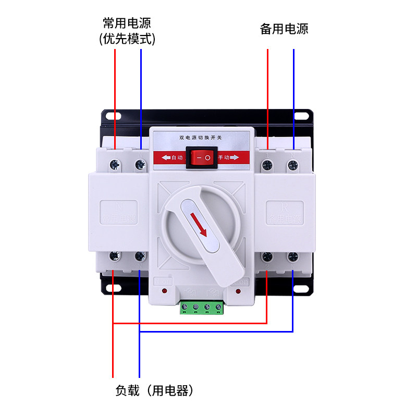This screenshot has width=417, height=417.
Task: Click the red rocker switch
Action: tap(201, 157)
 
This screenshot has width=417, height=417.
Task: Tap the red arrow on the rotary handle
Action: tap(198, 223)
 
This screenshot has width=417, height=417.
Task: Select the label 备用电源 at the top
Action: tap(284, 29)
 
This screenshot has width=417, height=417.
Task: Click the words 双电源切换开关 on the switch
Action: tap(201, 137)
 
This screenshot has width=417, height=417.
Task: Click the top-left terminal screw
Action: tap(114, 165)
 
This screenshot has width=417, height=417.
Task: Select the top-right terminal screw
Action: tap(293, 165)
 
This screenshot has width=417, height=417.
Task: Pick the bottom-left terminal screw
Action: tap(114, 256)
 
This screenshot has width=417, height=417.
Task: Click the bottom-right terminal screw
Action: tap(293, 256)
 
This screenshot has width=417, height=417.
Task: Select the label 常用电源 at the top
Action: tap(127, 23)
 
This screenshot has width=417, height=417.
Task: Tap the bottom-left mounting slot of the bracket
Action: tap(111, 288)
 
